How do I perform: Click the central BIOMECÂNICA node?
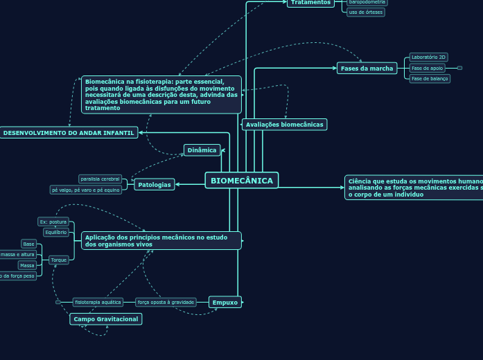(242, 181)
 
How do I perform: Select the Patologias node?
(154, 184)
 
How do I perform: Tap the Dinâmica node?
(202, 150)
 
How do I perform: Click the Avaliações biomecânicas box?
(284, 125)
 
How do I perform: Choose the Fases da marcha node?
(367, 68)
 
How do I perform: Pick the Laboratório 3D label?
(428, 57)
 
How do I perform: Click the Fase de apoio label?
(427, 68)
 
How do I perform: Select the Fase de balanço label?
(430, 79)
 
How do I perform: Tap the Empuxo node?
(225, 302)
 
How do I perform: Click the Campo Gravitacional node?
(105, 319)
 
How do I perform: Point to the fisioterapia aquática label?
(98, 302)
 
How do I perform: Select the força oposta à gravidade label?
(166, 302)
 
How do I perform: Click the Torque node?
(59, 260)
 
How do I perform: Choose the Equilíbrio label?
(55, 233)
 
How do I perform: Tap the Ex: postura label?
(53, 222)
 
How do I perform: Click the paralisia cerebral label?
(100, 179)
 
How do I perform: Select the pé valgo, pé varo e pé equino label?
(86, 190)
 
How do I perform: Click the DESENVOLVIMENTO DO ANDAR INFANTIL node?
(69, 132)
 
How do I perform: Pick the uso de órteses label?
(366, 12)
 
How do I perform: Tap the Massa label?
(27, 265)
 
